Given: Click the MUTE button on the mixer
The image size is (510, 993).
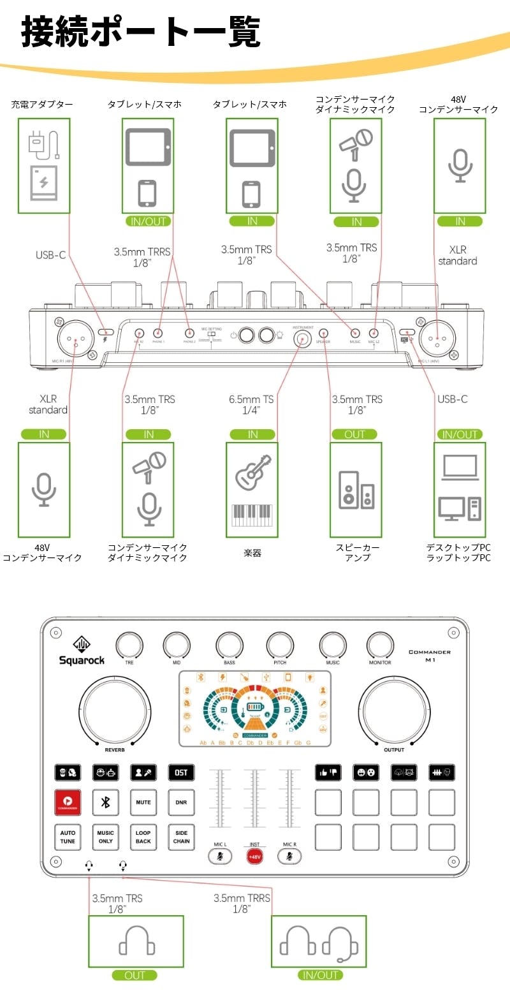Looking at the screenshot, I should click(143, 802).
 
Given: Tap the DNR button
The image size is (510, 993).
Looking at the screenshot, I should click(181, 802).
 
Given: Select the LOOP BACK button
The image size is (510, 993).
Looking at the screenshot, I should click(143, 837).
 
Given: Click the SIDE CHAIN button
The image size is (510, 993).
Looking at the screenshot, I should click(181, 837).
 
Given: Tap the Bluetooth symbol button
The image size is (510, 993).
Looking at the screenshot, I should click(106, 802).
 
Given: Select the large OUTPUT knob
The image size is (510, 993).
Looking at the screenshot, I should click(393, 714).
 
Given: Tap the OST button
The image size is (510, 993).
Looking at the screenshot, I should click(181, 772).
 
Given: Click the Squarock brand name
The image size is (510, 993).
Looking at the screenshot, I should click(82, 660).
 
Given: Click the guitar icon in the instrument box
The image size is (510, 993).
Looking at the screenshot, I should click(254, 472).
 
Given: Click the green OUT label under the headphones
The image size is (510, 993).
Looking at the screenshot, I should click(135, 975).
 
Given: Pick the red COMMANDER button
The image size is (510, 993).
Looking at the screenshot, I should click(68, 802).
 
